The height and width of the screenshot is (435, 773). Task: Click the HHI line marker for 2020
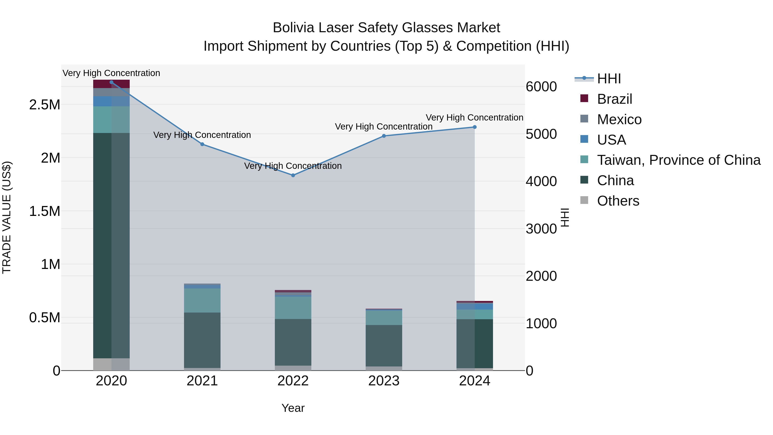(111, 82)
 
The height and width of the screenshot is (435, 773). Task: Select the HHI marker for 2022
(293, 175)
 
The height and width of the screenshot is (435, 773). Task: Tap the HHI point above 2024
(474, 127)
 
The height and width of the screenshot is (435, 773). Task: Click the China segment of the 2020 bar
(111, 245)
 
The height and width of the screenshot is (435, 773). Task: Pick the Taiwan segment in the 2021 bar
(202, 300)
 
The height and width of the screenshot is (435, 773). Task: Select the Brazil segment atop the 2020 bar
(111, 84)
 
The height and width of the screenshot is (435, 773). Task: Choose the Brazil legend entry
(614, 99)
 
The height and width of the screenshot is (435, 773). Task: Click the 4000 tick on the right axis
(541, 181)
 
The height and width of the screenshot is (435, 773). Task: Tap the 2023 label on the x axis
(384, 381)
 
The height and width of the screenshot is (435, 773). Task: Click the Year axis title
(293, 408)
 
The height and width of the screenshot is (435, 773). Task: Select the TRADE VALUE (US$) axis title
(7, 217)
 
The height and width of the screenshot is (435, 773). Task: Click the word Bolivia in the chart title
(293, 28)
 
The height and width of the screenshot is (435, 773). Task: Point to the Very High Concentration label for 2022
(293, 166)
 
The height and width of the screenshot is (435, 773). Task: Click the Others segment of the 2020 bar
(111, 364)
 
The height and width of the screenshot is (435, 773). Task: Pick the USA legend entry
(611, 140)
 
